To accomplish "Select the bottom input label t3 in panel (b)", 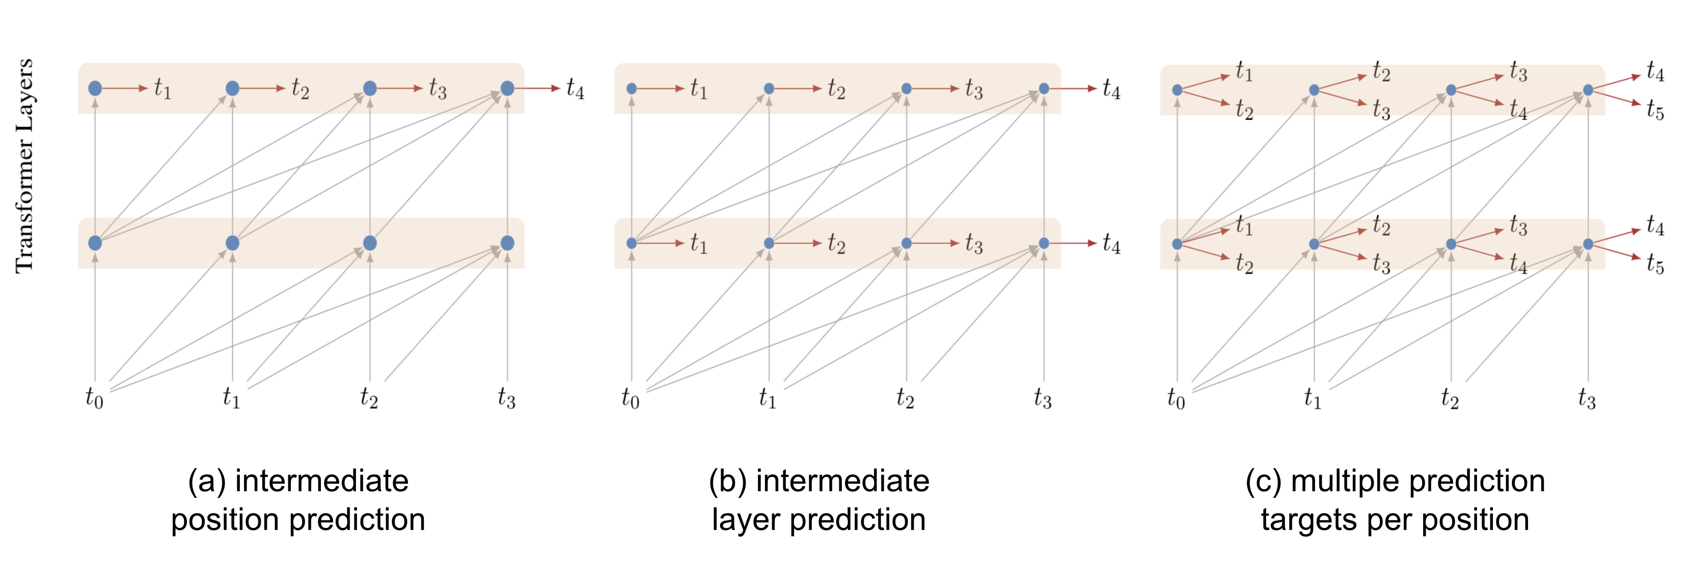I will point(1043,398).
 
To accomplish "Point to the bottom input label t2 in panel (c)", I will point(1450,398).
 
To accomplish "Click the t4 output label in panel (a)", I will point(575,88).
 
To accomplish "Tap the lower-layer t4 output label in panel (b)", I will point(1111,244).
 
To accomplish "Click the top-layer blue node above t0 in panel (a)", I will point(95,88).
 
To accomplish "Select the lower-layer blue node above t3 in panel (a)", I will point(507,243).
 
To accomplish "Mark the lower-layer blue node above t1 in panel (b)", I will point(769,243).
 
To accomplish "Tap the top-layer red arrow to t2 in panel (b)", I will point(796,88).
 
